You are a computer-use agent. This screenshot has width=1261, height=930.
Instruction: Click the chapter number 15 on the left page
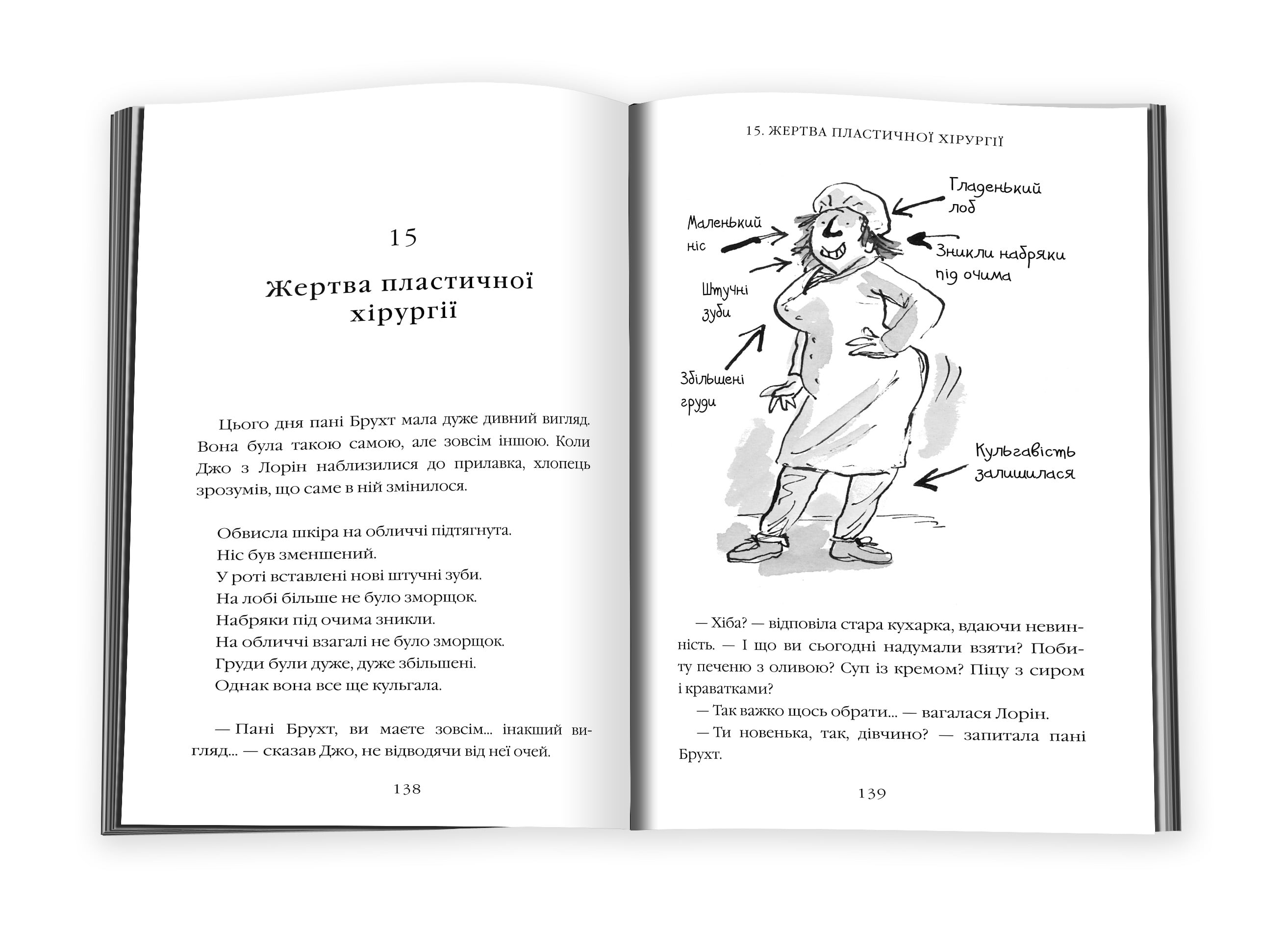pyautogui.click(x=403, y=237)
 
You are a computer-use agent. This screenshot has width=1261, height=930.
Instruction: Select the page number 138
pyautogui.click(x=407, y=789)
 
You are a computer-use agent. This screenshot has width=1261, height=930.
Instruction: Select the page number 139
pyautogui.click(x=872, y=794)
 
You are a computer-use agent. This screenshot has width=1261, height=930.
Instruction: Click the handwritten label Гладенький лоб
pyautogui.click(x=994, y=195)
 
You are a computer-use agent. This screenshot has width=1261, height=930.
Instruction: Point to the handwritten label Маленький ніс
pyautogui.click(x=723, y=233)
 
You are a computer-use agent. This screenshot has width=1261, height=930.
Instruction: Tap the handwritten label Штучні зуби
pyautogui.click(x=724, y=302)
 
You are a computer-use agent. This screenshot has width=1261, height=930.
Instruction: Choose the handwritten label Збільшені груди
pyautogui.click(x=711, y=390)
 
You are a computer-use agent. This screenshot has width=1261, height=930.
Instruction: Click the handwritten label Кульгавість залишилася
pyautogui.click(x=1024, y=462)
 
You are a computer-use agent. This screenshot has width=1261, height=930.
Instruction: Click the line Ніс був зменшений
pyautogui.click(x=296, y=554)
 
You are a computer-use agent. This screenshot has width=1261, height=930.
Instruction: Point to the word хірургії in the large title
pyautogui.click(x=403, y=313)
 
